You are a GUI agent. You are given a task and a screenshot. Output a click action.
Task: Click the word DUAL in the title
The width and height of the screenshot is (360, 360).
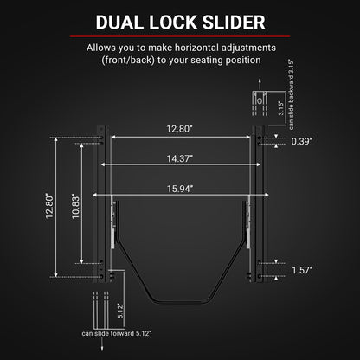click(119, 22)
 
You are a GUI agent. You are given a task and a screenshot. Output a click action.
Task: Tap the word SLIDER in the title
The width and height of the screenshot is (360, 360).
click(234, 22)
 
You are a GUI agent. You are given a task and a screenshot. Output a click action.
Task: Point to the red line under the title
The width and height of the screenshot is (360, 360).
click(180, 36)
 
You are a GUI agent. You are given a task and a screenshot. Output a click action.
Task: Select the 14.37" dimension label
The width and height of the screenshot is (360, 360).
click(180, 158)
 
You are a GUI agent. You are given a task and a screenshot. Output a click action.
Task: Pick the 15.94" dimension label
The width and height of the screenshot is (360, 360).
click(180, 189)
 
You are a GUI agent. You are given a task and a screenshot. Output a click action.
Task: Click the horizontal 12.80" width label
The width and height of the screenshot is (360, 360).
click(179, 129)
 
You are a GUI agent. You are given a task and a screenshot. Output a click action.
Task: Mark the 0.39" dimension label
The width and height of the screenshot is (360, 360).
click(302, 141)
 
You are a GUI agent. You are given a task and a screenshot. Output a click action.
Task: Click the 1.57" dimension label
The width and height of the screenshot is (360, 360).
click(302, 270)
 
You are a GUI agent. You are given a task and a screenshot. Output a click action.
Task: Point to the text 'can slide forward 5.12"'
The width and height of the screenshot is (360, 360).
click(117, 333)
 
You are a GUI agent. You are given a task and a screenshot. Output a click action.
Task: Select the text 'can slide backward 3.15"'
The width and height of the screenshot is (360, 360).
click(292, 94)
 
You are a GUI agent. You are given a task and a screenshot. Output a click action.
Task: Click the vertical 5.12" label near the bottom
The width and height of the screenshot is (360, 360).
click(121, 311)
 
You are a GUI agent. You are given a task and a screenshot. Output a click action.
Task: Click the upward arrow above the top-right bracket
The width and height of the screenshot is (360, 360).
click(260, 85)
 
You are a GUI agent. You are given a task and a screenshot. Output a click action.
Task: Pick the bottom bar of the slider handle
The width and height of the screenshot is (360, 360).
click(182, 302)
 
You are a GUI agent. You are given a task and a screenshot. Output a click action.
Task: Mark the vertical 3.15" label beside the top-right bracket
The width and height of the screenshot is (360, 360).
click(281, 108)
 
